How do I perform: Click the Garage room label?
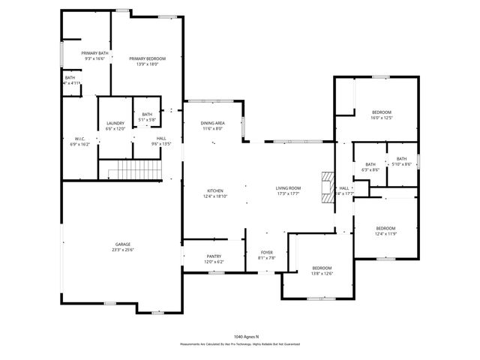(123, 244)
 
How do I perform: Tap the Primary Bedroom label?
(147, 58)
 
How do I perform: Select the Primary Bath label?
(95, 53)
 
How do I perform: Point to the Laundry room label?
(115, 123)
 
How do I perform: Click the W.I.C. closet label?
(79, 139)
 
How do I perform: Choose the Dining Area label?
(213, 123)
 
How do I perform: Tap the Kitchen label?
(215, 190)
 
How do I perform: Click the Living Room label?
(289, 187)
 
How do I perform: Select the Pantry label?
(214, 256)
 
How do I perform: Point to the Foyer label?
(267, 252)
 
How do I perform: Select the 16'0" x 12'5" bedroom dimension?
(381, 118)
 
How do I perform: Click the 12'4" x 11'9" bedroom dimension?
(385, 233)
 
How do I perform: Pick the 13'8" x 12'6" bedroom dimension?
(322, 273)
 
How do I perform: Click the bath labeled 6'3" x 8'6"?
(370, 170)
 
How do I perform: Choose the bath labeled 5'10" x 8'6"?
(402, 164)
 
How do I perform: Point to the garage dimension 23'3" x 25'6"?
(123, 249)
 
